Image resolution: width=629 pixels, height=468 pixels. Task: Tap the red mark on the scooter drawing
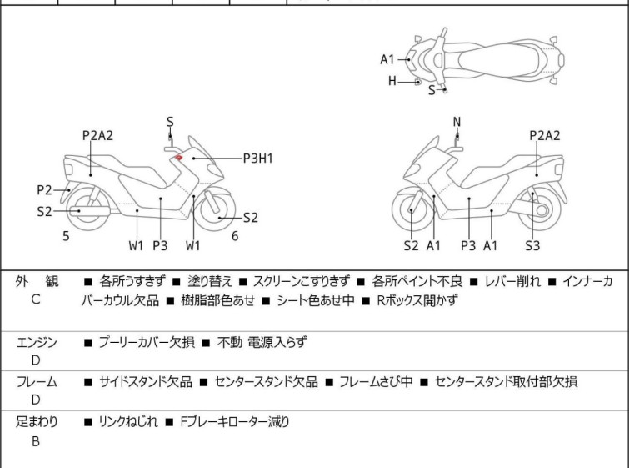point(179,158)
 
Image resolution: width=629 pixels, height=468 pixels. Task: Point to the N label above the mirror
point(457,123)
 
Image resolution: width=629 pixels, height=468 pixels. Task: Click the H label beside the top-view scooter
point(392,81)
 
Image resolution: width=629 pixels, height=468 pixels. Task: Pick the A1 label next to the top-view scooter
point(387,59)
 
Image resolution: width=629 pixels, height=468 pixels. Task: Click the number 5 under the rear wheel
point(66,236)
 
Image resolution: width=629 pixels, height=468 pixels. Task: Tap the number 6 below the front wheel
point(235,236)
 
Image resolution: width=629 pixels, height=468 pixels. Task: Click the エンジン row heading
point(37,342)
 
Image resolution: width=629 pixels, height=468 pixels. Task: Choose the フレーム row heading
point(37,382)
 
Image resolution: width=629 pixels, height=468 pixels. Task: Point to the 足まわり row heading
point(37,422)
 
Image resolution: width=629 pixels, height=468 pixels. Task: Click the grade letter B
point(36,442)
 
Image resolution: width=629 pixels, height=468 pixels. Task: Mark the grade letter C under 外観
point(36,300)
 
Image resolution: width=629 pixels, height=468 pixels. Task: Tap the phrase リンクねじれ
point(127,422)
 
